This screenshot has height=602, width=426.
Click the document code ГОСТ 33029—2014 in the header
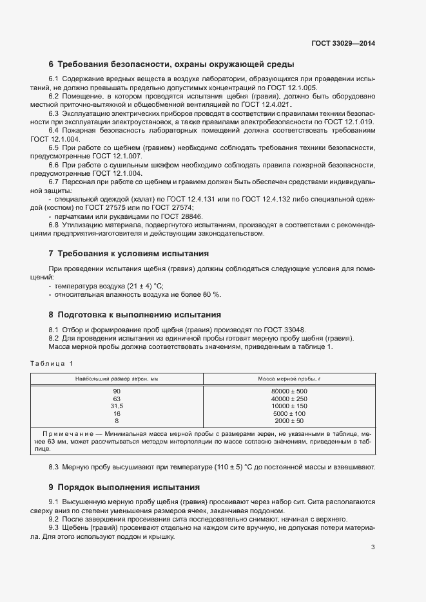pos(343,43)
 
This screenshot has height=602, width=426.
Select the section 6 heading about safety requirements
pos(171,64)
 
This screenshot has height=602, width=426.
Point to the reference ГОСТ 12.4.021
pos(266,104)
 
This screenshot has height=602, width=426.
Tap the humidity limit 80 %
pos(211,294)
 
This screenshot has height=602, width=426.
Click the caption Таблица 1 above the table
pos(52,365)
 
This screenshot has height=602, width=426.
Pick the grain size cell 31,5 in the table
pos(117,406)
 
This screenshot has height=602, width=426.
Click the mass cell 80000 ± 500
pos(289,391)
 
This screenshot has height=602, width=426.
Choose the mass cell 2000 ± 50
pos(289,421)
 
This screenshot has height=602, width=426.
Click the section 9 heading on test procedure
pos(129,487)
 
